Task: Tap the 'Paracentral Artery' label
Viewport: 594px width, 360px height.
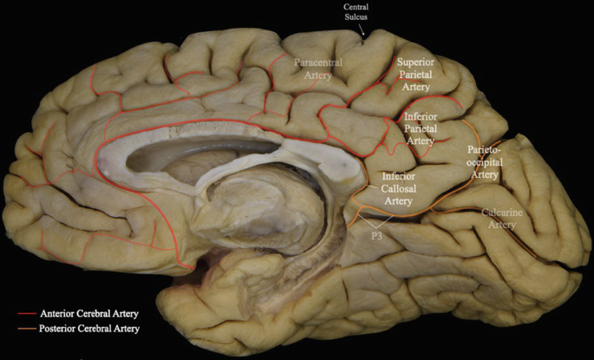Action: tap(319, 69)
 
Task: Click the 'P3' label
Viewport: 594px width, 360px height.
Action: tap(378, 234)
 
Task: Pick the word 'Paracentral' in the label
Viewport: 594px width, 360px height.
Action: tap(320, 63)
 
